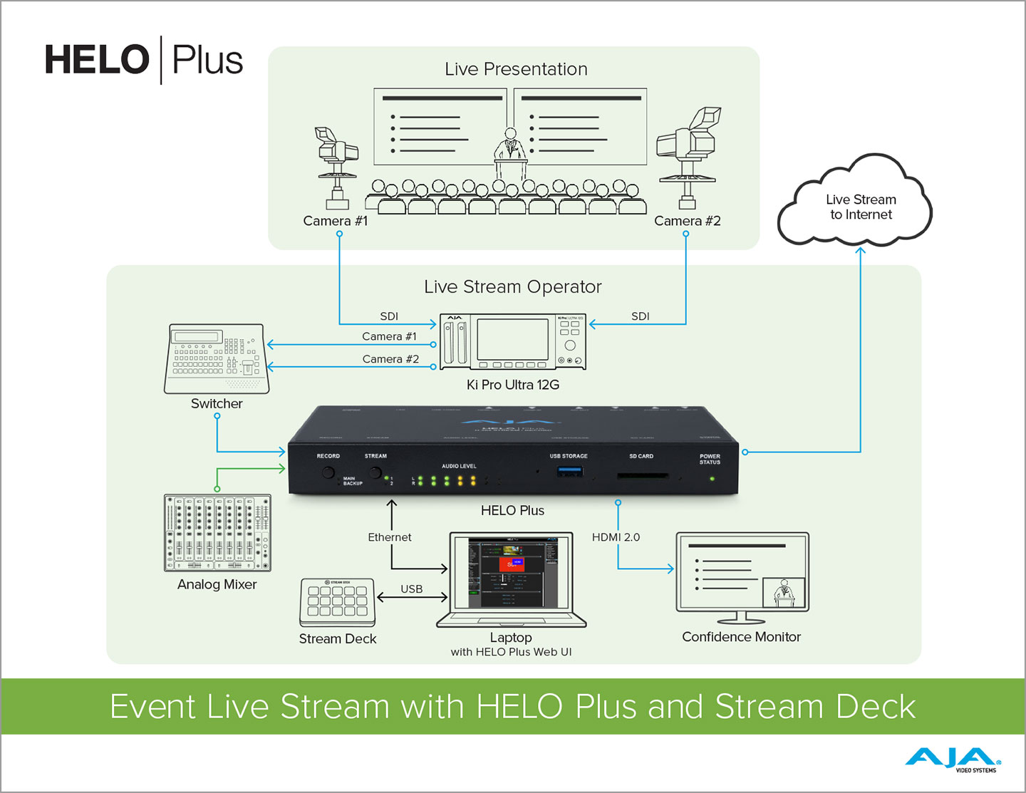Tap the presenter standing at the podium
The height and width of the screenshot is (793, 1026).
(510, 146)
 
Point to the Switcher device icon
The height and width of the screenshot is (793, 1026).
(217, 358)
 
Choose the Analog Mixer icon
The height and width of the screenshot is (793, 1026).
(217, 533)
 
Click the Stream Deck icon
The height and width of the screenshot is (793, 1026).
(338, 602)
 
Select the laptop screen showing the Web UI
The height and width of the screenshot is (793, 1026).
(511, 572)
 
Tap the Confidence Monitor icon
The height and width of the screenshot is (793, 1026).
(742, 576)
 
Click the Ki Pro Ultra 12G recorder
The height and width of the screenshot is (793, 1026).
(512, 342)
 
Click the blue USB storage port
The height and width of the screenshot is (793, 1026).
(569, 471)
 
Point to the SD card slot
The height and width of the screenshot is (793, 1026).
(642, 475)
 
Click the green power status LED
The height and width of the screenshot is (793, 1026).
(711, 478)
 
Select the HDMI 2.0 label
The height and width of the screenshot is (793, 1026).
(616, 537)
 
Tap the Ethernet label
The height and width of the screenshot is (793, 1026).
(390, 537)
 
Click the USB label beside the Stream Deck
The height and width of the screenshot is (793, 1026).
(412, 589)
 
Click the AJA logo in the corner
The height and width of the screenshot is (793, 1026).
(952, 759)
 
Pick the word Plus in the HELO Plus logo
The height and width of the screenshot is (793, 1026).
(207, 61)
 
